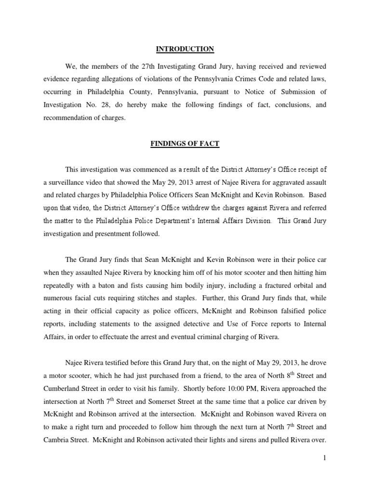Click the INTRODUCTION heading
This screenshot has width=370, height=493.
[x=185, y=49]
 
